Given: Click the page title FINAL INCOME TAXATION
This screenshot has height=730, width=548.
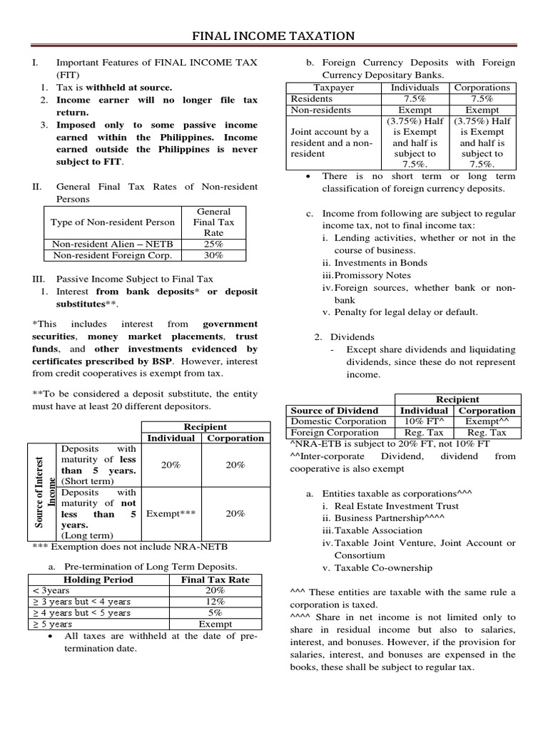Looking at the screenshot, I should (274, 36).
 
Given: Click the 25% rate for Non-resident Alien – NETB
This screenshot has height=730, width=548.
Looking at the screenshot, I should (214, 243).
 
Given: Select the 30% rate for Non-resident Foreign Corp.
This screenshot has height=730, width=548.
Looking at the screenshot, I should (214, 255).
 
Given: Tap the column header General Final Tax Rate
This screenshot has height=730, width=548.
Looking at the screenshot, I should (214, 222).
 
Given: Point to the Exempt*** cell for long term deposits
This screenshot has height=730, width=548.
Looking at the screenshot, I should (171, 513).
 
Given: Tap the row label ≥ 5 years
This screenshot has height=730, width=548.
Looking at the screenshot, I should (52, 624).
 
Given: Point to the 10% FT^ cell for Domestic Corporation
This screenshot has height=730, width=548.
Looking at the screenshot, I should (425, 421).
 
